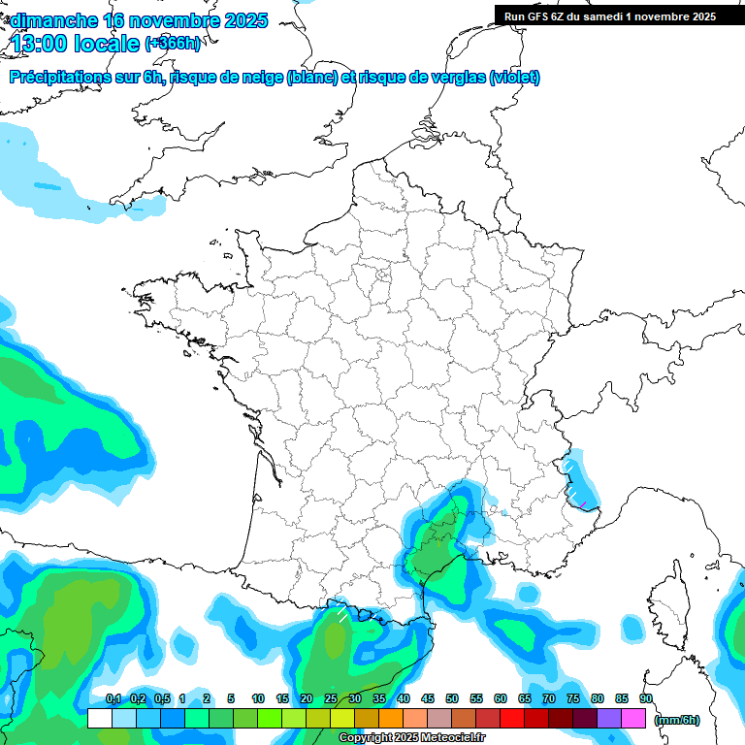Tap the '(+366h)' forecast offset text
172,44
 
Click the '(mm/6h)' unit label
677,719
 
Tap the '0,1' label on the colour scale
113,698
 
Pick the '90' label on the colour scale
645,698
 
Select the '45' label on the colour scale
428,698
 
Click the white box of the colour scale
99,719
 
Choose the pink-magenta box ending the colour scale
633,719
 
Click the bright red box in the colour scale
511,719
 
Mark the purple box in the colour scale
608,719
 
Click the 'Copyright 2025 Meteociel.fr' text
411,738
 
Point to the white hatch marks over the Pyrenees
341,612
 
